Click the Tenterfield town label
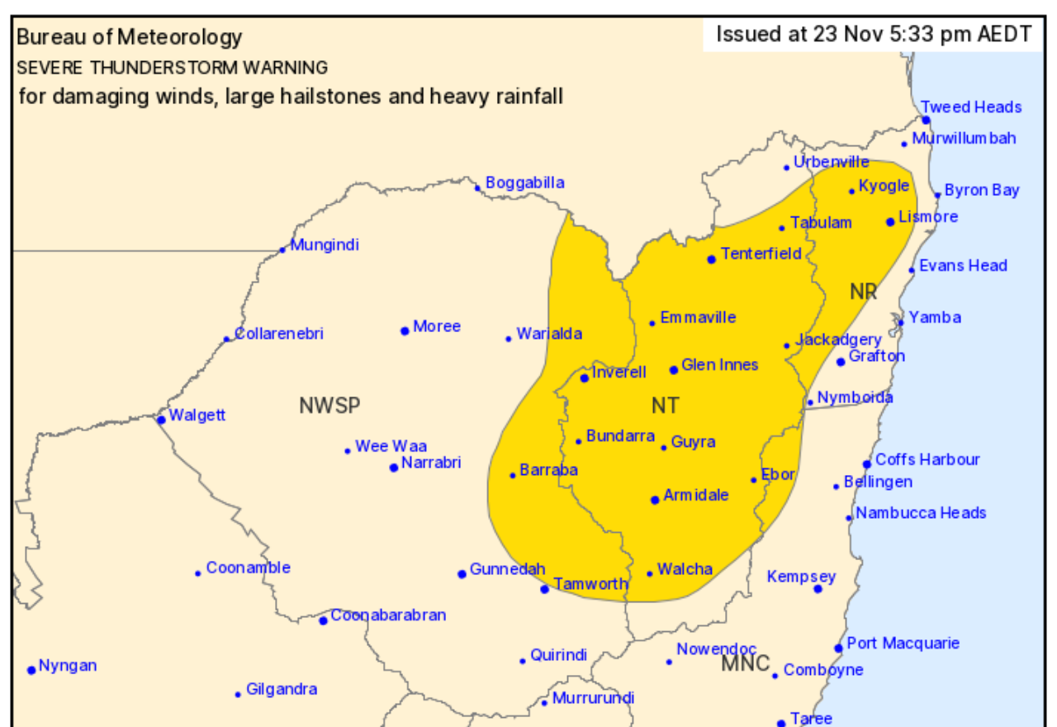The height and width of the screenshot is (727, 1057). [x=761, y=254]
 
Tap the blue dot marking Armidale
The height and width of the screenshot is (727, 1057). [x=655, y=500]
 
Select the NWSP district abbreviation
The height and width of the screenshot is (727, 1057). [x=329, y=406]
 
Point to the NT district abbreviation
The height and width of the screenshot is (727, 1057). [x=666, y=405]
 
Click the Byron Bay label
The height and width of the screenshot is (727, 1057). [x=981, y=190]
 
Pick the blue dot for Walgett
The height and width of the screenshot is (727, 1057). [x=161, y=420]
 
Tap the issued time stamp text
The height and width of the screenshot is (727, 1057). [x=873, y=35]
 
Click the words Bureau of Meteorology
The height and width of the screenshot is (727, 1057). [x=130, y=37]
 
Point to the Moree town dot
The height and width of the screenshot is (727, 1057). [x=405, y=331]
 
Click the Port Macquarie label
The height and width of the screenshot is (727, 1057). [x=903, y=643]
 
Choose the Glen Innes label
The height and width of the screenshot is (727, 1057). [x=719, y=364]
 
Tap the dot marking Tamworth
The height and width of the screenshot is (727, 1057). [x=545, y=589]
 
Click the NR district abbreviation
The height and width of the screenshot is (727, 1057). [x=863, y=291]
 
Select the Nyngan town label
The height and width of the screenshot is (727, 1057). [x=68, y=665]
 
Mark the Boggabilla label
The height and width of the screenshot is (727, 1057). [x=524, y=183]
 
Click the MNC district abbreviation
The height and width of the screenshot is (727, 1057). [x=745, y=663]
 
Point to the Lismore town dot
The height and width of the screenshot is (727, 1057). [x=890, y=221]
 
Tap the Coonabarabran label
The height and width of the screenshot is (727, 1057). [x=387, y=615]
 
